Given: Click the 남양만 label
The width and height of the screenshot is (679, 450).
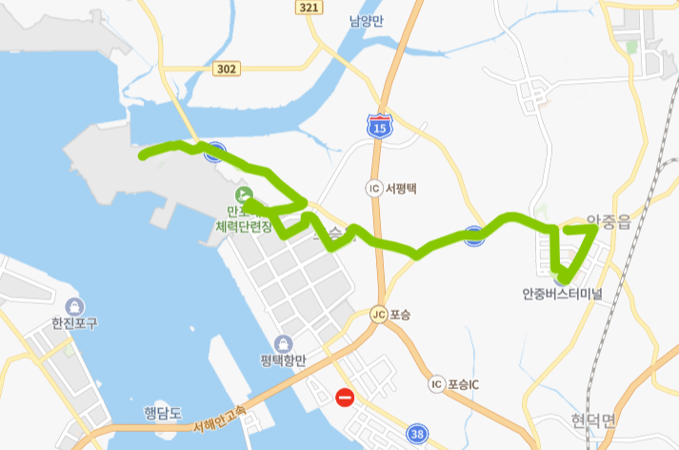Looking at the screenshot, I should coord(366,21).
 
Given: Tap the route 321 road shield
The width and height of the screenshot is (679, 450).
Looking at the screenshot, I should coord(307,8).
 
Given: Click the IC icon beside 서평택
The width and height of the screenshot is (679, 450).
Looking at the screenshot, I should coord(373,188).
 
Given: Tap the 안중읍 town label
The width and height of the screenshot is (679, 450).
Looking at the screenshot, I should coord(609,221).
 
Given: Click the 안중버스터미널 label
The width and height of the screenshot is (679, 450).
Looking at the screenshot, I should coord(562,294).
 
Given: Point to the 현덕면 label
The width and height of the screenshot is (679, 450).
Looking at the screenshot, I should coord(595,420).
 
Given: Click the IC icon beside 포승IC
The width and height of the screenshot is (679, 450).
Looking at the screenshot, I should coord(436,384).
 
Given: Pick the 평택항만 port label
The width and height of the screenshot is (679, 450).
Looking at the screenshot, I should coord(283,360).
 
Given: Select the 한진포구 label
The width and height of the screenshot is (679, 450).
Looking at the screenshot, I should coord(75,324).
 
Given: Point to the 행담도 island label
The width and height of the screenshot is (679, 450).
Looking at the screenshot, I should coord(161,412).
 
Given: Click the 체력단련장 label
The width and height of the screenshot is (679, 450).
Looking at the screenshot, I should coord(244,227).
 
